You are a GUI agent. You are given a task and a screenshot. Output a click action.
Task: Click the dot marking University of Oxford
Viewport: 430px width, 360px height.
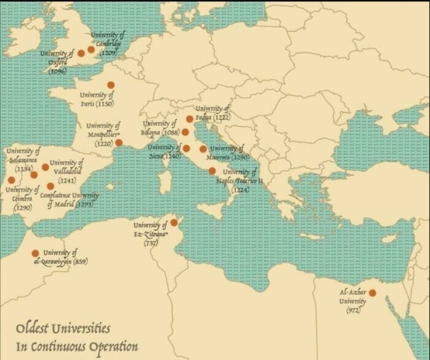coord(81,53)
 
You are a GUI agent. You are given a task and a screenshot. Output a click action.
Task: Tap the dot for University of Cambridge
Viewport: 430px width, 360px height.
coord(91,49)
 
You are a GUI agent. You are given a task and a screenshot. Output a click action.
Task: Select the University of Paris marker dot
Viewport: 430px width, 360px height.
coord(110,85)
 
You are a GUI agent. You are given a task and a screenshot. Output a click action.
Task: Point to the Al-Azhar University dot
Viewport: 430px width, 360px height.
coord(372,293)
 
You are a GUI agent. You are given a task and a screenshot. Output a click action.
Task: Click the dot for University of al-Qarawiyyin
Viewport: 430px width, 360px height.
coord(35,253)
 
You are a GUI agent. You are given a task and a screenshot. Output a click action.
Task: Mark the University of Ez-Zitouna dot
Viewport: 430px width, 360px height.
coord(174,222)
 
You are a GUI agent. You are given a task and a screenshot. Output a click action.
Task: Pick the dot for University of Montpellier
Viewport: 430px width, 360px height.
coord(119,142)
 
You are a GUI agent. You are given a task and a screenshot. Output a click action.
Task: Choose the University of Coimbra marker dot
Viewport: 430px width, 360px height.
coord(11,180)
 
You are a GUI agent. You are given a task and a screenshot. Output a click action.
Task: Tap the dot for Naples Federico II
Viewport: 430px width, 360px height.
coord(212,171)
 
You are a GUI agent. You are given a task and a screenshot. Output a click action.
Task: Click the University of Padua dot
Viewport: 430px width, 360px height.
coord(190,119)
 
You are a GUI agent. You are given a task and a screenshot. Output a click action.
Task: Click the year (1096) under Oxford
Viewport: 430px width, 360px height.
coord(57,71)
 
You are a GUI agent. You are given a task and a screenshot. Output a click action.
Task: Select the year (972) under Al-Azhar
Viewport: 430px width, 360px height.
coord(353,310)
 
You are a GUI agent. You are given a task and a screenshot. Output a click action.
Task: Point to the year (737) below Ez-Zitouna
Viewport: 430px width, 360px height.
coord(151,244)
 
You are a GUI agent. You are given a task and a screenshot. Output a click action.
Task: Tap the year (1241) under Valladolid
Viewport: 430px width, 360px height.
coord(67,181)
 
